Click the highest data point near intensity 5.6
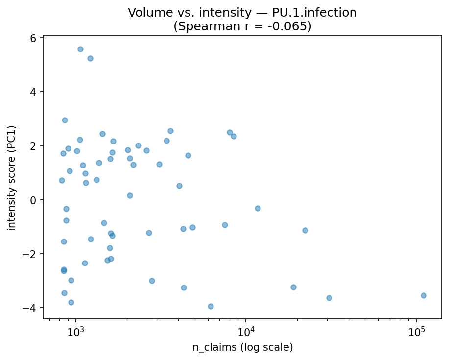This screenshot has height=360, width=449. pos(80,49)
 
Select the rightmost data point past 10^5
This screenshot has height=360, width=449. pos(424,295)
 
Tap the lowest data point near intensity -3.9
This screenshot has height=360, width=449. pos(211,306)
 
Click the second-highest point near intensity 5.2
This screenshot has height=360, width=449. pos(90,58)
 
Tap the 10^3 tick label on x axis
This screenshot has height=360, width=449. pos(75,331)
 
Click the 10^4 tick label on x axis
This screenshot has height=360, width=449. pos(246,331)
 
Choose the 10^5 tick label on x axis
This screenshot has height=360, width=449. pos(416,331)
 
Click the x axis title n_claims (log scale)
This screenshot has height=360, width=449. pos(242,348)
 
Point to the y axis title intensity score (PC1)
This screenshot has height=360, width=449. pos(12,178)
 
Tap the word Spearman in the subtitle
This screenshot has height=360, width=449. pos(199,26)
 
